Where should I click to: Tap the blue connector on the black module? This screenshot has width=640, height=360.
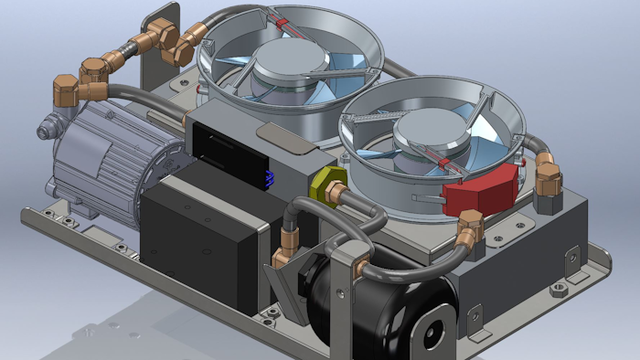(x=269, y=177)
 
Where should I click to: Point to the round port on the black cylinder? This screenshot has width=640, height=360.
(x=433, y=328)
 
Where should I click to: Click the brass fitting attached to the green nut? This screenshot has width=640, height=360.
(x=339, y=194)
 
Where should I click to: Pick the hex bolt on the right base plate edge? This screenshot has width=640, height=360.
(x=558, y=291)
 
